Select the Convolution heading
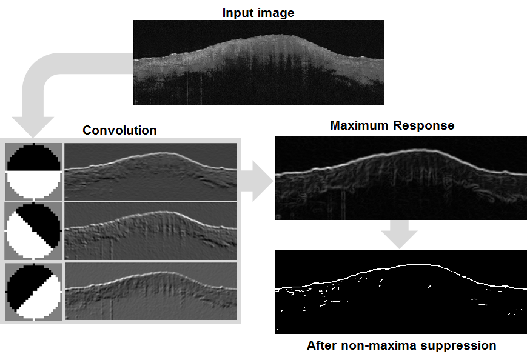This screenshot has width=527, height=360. (119, 130)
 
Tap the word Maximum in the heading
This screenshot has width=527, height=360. (360, 125)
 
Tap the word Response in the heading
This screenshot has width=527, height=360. (424, 125)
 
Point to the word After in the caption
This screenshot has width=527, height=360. (322, 345)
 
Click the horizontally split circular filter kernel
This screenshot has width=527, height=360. (33, 172)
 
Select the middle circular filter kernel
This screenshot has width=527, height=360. (33, 231)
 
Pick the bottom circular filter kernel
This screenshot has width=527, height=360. (33, 292)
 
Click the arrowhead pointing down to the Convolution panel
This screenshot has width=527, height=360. (33, 127)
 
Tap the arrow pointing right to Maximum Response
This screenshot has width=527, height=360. (257, 181)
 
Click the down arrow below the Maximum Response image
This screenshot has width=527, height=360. (399, 235)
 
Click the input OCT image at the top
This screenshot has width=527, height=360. (258, 62)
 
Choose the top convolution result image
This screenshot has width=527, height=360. (150, 172)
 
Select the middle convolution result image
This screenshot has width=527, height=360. (150, 231)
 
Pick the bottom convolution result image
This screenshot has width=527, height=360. (150, 292)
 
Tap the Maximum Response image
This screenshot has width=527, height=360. (401, 178)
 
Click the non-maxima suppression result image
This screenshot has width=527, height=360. (401, 292)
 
